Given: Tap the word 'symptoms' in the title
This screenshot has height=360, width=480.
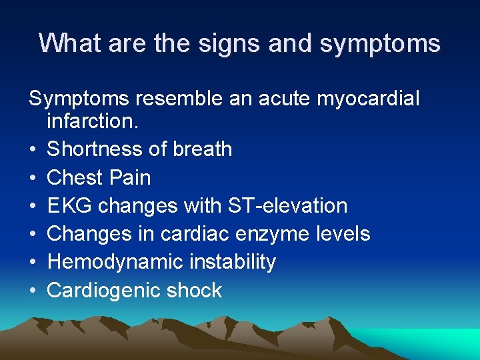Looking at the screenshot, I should [x=380, y=43].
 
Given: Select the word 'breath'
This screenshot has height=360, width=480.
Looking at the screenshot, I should [x=202, y=149].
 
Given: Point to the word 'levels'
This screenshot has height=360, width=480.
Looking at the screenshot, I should [x=344, y=233].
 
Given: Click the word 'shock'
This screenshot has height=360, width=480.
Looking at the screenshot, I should [x=197, y=290].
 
